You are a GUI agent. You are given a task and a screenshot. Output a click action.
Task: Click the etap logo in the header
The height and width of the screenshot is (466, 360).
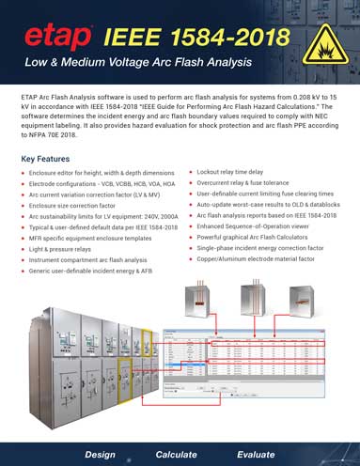coord(58,39)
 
